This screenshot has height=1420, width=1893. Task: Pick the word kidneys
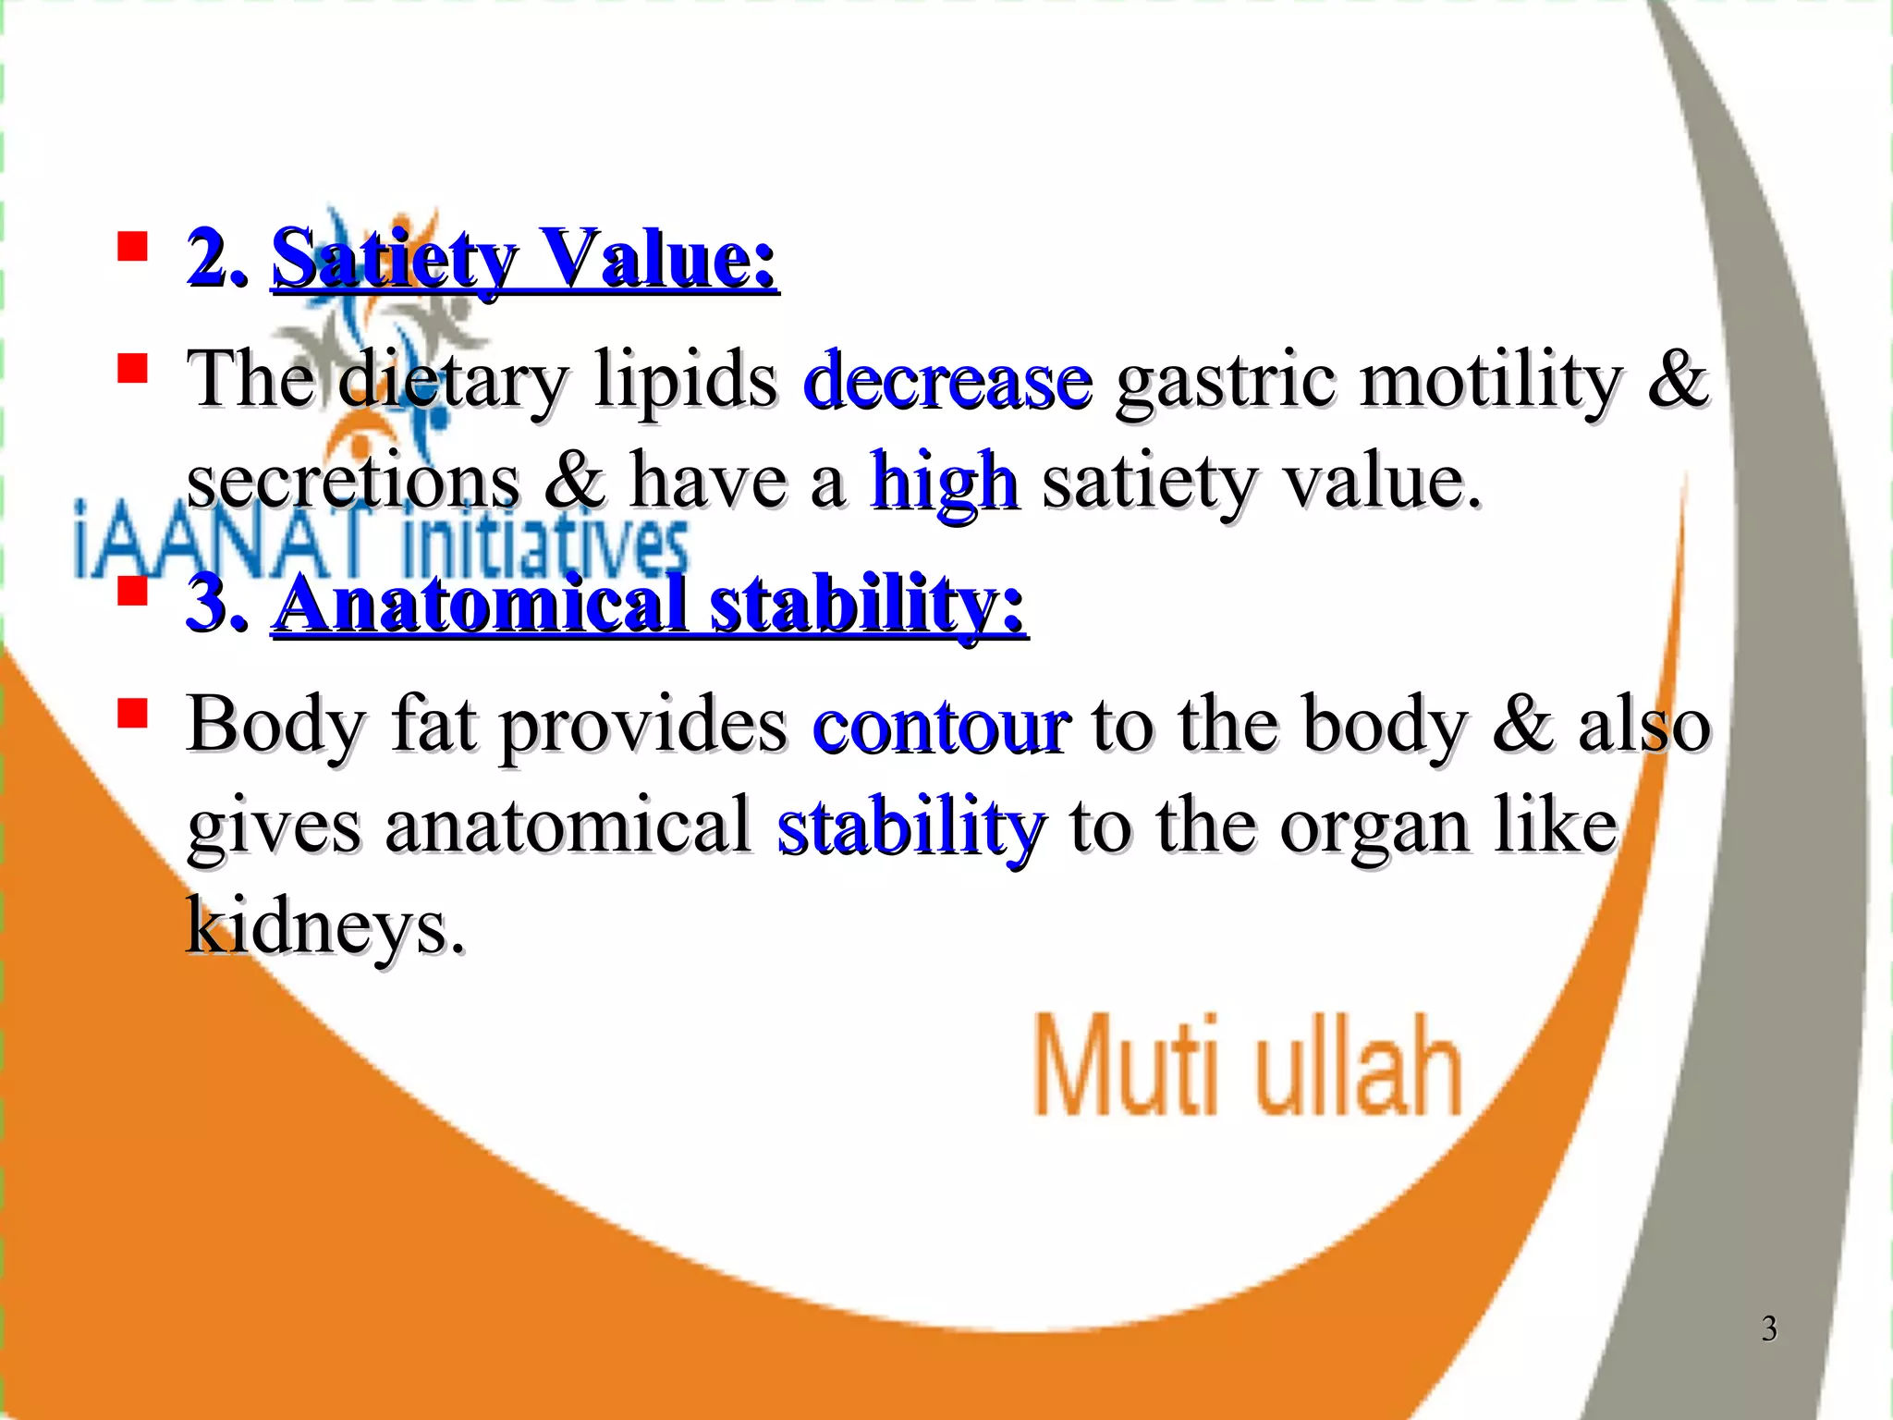pyautogui.click(x=325, y=926)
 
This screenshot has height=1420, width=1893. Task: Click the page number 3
pyautogui.click(x=1768, y=1328)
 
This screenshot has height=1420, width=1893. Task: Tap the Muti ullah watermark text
pyautogui.click(x=1248, y=1065)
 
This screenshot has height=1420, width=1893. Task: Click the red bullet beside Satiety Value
pyautogui.click(x=133, y=247)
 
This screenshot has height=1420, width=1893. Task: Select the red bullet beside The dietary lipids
pyautogui.click(x=133, y=369)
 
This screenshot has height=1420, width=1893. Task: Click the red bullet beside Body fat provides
pyautogui.click(x=133, y=713)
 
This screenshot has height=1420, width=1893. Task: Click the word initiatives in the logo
pyautogui.click(x=545, y=549)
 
